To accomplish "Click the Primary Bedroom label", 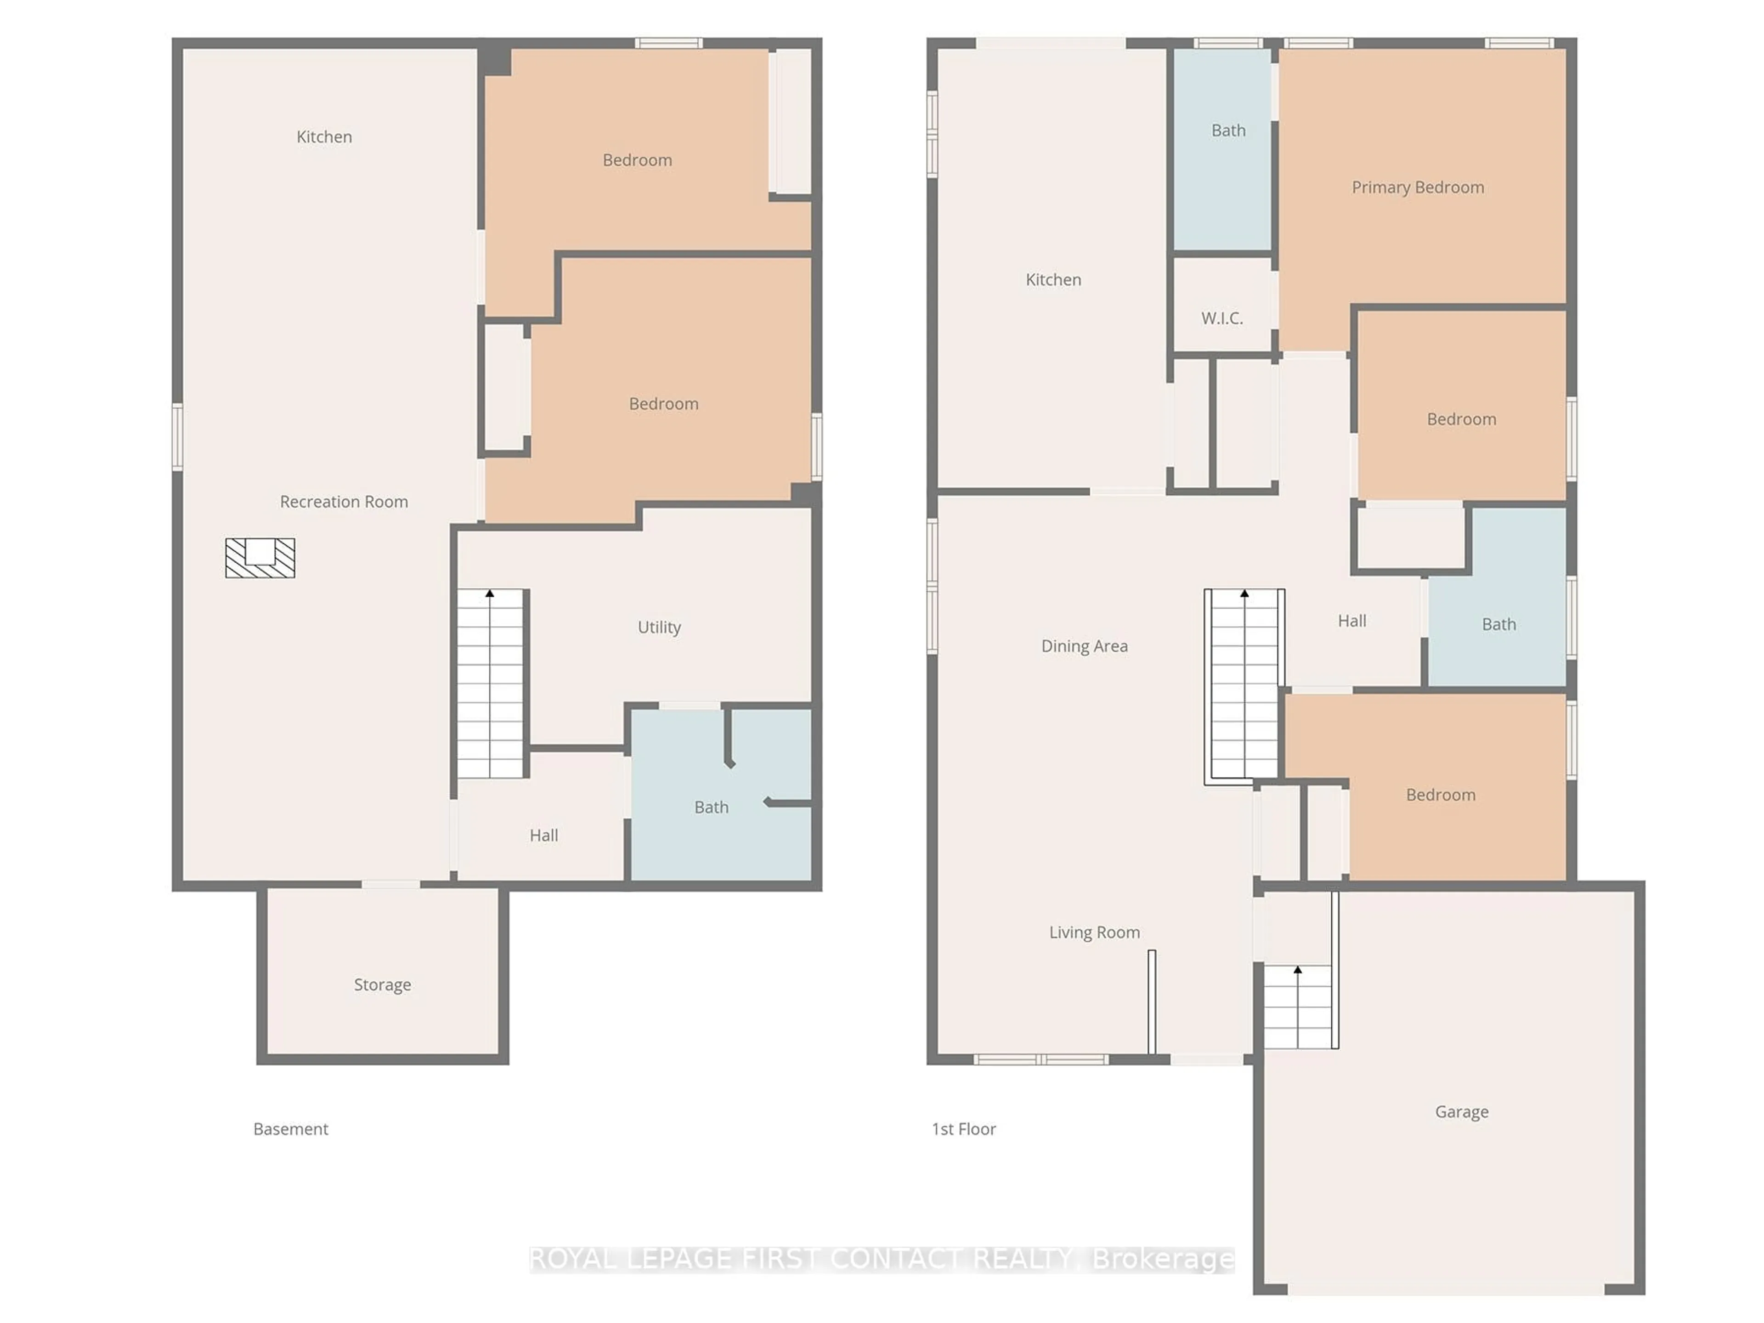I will pyautogui.click(x=1417, y=187).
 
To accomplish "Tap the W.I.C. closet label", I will pyautogui.click(x=1222, y=318).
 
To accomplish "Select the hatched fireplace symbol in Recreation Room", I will pyautogui.click(x=260, y=557).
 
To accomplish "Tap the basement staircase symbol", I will pyautogui.click(x=490, y=684).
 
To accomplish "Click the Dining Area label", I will pyautogui.click(x=1084, y=646).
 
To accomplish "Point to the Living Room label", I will pyautogui.click(x=1094, y=932).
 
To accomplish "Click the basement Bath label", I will pyautogui.click(x=711, y=807).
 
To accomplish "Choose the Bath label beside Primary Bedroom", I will pyautogui.click(x=1228, y=130).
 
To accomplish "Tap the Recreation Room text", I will pyautogui.click(x=344, y=502).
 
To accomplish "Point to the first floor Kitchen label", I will pyautogui.click(x=1053, y=279).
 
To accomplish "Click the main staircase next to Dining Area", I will pyautogui.click(x=1243, y=684).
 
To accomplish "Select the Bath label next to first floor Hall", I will pyautogui.click(x=1498, y=624).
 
